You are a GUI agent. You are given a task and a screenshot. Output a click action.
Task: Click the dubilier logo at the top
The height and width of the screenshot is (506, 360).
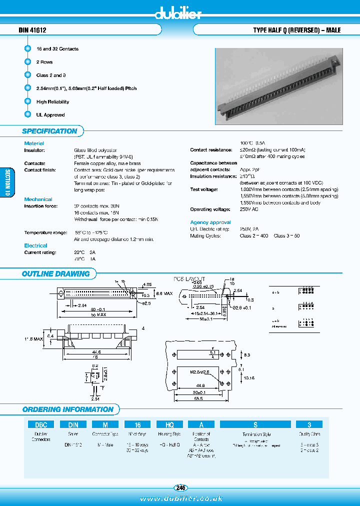[x=178, y=14]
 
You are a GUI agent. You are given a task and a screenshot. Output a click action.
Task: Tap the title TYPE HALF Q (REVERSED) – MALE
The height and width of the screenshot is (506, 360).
[x=297, y=30]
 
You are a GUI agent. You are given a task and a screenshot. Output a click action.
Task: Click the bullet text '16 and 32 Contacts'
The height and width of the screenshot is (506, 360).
[x=57, y=49]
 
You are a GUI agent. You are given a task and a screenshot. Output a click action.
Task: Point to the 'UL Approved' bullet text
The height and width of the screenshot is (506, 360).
[x=50, y=115]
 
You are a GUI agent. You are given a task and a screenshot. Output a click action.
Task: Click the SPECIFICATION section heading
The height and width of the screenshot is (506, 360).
[x=49, y=131]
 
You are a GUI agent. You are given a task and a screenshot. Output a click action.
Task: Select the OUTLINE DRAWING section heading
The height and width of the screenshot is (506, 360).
[x=55, y=274]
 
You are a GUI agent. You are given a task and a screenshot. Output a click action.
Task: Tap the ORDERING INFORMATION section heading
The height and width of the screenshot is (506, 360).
[x=67, y=409]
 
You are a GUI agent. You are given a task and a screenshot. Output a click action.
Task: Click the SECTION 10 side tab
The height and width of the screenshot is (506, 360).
[x=6, y=182]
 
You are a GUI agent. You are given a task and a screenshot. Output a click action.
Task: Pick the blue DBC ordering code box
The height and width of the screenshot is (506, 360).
[x=40, y=424]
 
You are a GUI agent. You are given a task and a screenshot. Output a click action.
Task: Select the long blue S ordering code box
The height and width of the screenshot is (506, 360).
[x=255, y=424]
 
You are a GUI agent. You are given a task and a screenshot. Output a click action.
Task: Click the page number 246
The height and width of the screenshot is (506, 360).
[x=180, y=488]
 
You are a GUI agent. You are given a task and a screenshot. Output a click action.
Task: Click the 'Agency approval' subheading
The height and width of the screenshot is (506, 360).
[x=210, y=222]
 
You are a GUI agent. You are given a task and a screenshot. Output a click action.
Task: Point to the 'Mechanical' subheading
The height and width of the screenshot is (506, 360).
[x=38, y=199]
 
